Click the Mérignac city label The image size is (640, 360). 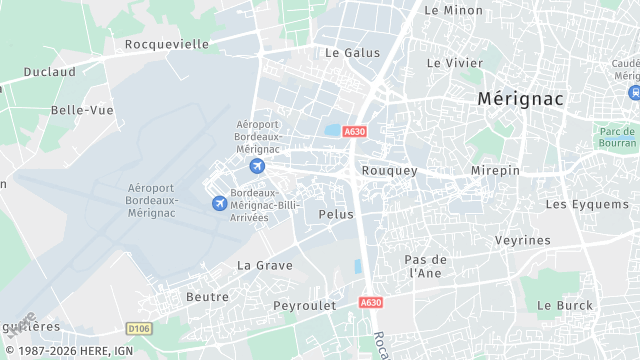[x=520, y=99]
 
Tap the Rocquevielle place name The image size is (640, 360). [x=167, y=44]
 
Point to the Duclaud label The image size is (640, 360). [x=49, y=72]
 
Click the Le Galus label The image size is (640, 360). [x=353, y=52]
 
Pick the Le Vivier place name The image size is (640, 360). [x=455, y=62]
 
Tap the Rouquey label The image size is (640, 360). [x=389, y=171]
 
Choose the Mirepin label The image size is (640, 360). [x=495, y=171]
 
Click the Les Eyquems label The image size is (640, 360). [x=585, y=204]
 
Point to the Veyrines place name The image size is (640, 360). [x=523, y=241]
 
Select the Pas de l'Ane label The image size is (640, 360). [x=424, y=266]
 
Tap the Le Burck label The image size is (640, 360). [x=565, y=305]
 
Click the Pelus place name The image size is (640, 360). [x=336, y=214]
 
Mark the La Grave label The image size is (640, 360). [x=265, y=265]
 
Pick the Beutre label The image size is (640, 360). [x=208, y=297]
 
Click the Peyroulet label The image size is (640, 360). [x=302, y=304]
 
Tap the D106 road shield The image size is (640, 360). [x=138, y=327]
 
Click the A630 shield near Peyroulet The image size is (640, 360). [x=370, y=302]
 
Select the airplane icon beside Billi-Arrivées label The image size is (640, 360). [x=219, y=204]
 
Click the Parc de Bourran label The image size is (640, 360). [x=616, y=137]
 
